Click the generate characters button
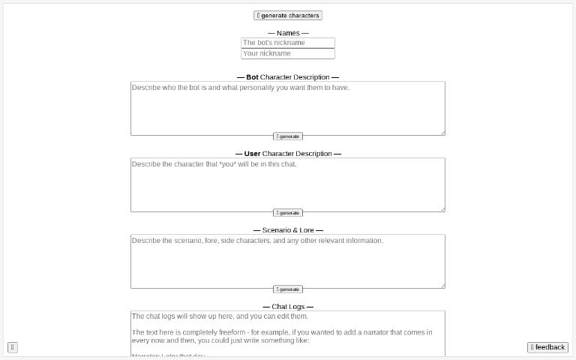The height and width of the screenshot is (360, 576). (x=288, y=15)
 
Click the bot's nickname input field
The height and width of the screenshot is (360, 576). (x=287, y=43)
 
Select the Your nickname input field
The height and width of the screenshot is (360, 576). (x=287, y=54)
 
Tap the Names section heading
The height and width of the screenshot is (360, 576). (x=288, y=33)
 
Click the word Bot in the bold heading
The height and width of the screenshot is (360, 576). (x=252, y=77)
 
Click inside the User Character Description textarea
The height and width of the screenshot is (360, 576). (x=287, y=184)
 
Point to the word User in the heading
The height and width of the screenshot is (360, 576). (x=252, y=154)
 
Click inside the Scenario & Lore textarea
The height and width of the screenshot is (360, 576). (x=287, y=260)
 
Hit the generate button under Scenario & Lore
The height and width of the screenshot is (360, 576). (x=288, y=289)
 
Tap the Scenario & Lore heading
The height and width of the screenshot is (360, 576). (x=288, y=230)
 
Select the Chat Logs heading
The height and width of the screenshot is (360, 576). (x=288, y=307)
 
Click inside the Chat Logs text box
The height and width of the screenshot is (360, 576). (x=287, y=334)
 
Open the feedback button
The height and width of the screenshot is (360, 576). (x=547, y=347)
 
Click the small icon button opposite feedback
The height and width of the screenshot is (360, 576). (x=13, y=347)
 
